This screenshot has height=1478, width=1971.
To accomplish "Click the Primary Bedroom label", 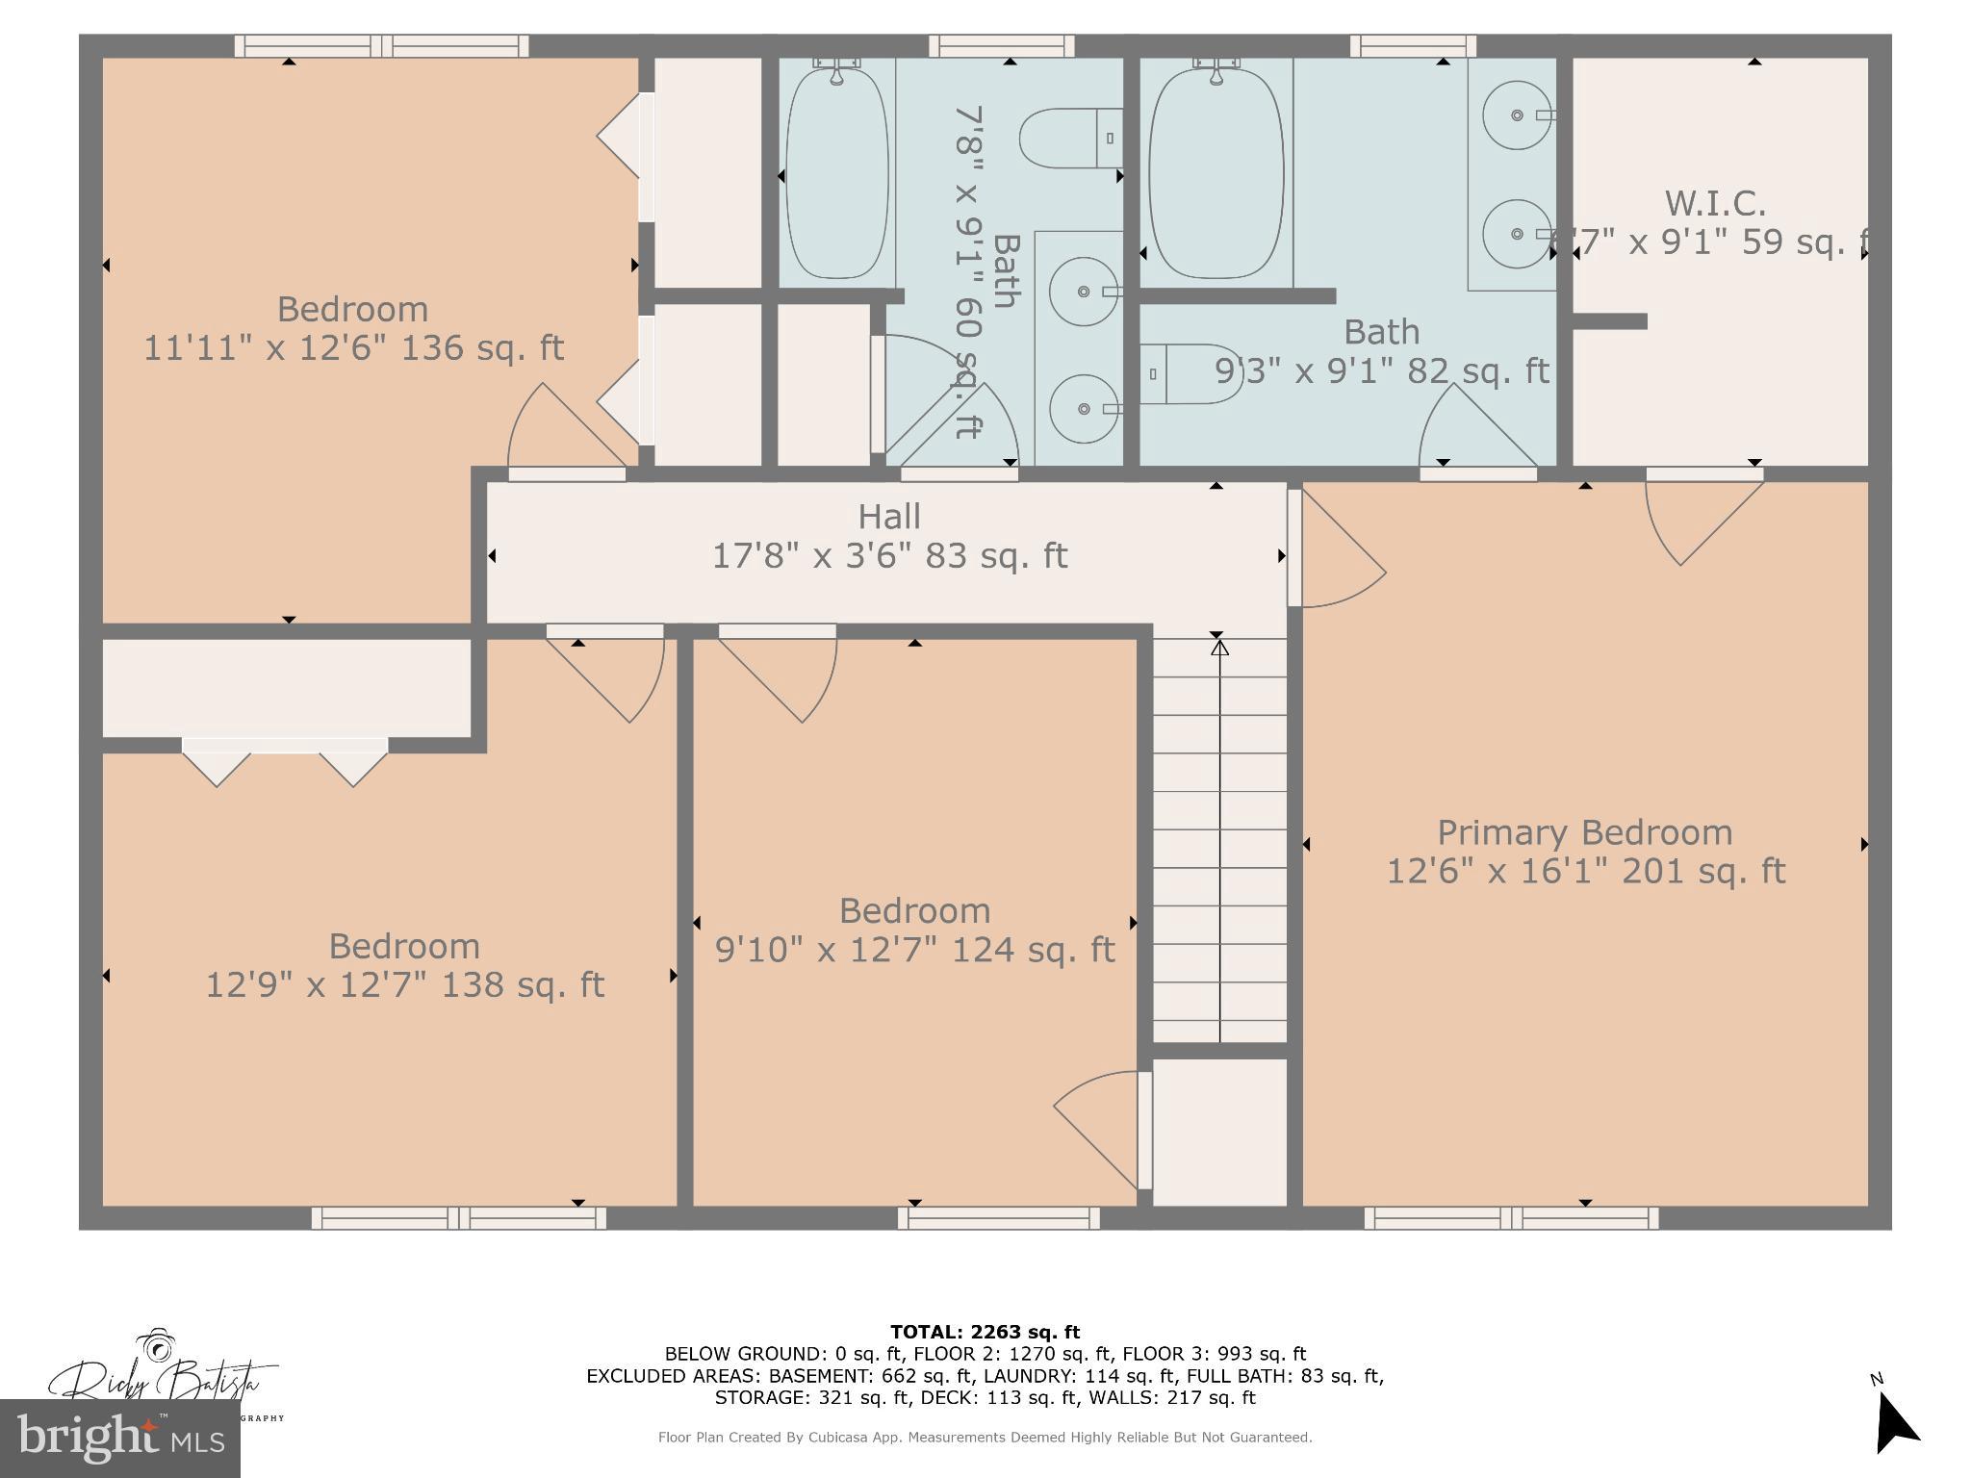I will pos(1584,832).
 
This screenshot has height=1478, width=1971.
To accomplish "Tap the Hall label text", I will pos(888,517).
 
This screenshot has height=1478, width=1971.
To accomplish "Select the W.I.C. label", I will pos(1715,203).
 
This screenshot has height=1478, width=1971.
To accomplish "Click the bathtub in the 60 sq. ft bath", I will pos(835,173).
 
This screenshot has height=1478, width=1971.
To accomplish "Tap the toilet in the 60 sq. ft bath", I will pos(1068,139).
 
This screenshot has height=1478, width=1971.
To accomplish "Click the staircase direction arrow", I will pos(1219,650).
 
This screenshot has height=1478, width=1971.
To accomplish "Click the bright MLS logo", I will pos(119,1439).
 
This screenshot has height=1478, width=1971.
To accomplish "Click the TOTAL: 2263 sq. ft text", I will pos(985,1332).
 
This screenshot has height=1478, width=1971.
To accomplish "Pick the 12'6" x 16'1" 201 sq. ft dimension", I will pos(1584,872).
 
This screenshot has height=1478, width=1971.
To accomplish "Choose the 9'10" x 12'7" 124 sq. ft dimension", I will pos(914,950).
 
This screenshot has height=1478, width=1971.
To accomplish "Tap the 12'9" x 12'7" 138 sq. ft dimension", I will pos(404,985).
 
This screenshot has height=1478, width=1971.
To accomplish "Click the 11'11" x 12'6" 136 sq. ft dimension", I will pos(353,347).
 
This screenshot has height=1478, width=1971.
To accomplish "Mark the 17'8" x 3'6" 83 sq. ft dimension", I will pos(888,556).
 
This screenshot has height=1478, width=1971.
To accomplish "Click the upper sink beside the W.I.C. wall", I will pos(1516,115).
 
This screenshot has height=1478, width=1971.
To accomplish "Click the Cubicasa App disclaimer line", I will pos(985,1438).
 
